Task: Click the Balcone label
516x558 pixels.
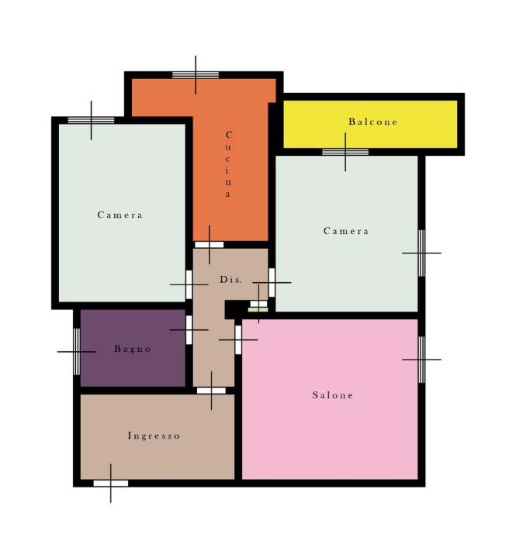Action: tap(372, 122)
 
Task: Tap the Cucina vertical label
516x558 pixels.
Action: tap(228, 164)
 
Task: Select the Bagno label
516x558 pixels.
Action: tap(133, 349)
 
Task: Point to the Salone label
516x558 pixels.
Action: tap(333, 395)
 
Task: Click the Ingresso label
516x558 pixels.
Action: tap(154, 436)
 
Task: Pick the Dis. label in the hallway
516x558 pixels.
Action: tap(230, 279)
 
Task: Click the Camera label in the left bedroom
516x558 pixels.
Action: tap(120, 215)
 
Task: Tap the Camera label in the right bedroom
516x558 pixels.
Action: tap(346, 231)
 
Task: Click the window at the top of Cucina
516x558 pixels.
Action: tap(196, 74)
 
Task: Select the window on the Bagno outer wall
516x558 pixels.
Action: tap(77, 352)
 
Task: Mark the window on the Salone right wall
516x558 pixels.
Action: tap(421, 360)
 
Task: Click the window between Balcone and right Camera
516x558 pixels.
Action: tap(345, 152)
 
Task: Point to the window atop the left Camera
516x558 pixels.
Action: tap(92, 120)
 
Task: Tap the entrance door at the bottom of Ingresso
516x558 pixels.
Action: tap(111, 484)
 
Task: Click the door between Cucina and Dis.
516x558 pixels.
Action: tap(210, 245)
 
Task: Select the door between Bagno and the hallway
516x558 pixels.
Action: tap(189, 330)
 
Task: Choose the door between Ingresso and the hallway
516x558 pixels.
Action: tap(211, 391)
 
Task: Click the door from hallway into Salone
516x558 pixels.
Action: tap(238, 340)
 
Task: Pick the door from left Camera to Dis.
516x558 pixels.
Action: tap(189, 284)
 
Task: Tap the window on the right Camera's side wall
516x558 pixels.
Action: tap(421, 253)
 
